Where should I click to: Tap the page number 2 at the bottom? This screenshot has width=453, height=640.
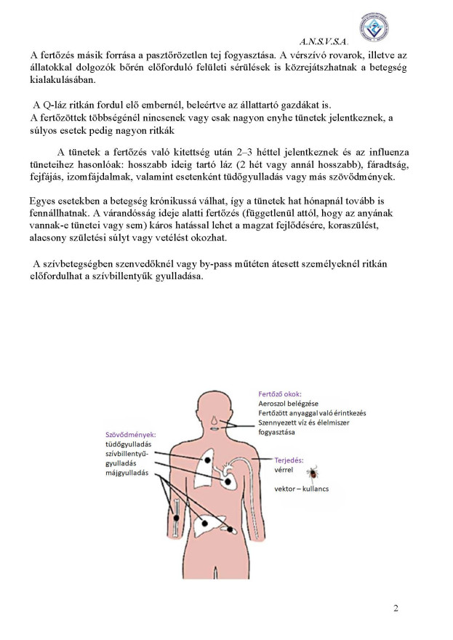(x=396, y=608)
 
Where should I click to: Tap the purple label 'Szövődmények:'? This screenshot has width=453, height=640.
(x=131, y=434)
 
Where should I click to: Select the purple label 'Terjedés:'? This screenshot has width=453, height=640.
(x=289, y=460)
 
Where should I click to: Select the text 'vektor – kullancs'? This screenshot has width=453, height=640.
(x=301, y=488)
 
